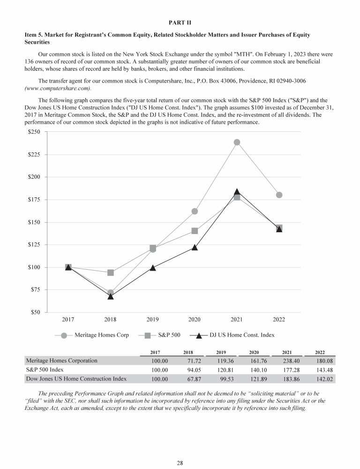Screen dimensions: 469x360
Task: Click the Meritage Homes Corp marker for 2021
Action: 237,142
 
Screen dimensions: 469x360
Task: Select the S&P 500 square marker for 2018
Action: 111,272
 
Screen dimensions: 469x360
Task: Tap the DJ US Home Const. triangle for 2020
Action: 195,247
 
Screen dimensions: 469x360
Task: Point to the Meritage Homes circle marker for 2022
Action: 279,195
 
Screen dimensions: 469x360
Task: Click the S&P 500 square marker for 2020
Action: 195,231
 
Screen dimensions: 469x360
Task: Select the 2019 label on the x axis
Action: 152,319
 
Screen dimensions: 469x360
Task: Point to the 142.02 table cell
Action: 323,378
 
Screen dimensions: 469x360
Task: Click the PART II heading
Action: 180,22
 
